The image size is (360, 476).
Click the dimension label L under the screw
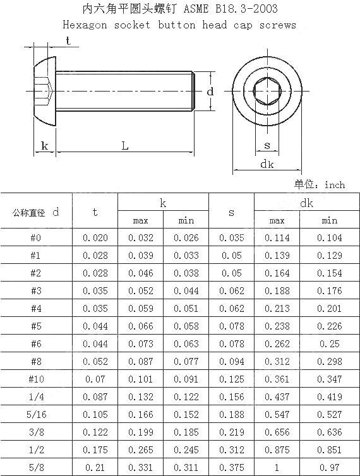125,146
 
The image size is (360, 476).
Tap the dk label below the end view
267,164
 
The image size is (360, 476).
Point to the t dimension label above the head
68,40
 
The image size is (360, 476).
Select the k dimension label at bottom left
44,146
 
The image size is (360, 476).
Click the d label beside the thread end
210,92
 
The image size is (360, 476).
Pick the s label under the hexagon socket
267,146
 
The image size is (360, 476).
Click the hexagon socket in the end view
267,91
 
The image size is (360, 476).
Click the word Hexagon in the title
85,25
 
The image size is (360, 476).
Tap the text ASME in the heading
196,9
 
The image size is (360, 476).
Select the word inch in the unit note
335,185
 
